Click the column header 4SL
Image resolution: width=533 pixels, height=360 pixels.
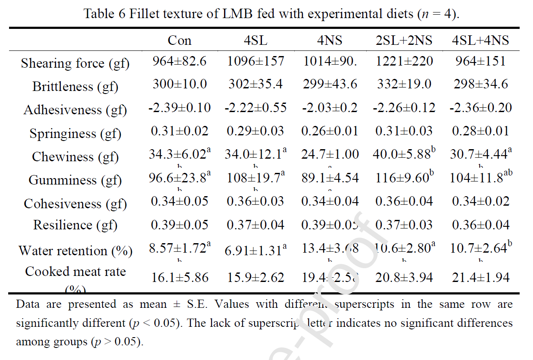(255, 41)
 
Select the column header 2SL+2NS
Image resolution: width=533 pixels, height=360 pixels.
(404, 41)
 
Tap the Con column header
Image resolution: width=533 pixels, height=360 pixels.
(179, 41)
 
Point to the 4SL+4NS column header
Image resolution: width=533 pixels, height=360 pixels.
(480, 41)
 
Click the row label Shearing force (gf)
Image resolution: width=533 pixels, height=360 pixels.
(75, 64)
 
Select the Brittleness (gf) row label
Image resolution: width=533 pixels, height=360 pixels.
(75, 87)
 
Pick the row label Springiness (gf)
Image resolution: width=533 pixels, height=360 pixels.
(75, 134)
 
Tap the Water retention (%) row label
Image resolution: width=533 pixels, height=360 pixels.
(75, 251)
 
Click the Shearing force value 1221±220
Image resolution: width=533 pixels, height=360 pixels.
(404, 61)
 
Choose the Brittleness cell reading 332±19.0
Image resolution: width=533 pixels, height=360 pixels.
(404, 84)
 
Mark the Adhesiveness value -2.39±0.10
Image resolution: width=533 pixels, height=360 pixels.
(179, 107)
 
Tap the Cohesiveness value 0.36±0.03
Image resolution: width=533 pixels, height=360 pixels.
(255, 201)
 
